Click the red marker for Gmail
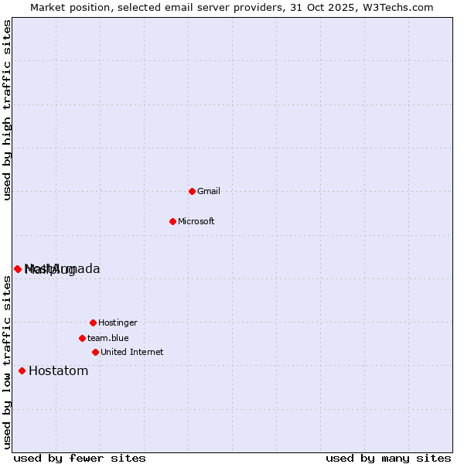[192, 191]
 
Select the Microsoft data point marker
[172, 221]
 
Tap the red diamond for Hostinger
[93, 322]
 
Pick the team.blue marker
[82, 338]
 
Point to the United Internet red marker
[95, 352]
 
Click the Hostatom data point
[22, 370]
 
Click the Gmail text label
[209, 191]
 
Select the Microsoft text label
[196, 221]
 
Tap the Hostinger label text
[118, 322]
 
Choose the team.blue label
[108, 338]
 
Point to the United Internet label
[132, 352]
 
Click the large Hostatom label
[59, 370]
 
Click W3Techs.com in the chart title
[397, 7]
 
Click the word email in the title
[171, 7]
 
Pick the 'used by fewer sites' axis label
[80, 458]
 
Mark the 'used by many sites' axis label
[388, 458]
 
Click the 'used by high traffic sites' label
[7, 110]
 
